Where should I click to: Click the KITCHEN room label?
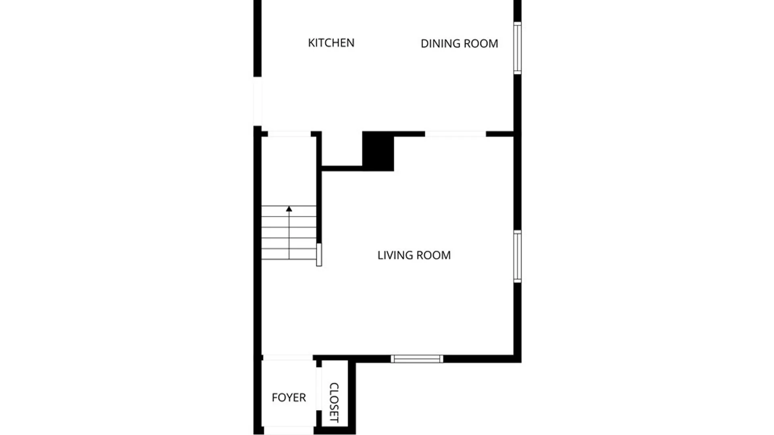[x=331, y=43]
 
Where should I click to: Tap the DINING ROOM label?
[x=459, y=43]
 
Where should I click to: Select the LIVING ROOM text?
[x=414, y=255]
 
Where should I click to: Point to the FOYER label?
[x=289, y=398]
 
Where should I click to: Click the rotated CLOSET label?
[x=334, y=402]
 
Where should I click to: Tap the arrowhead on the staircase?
[x=289, y=209]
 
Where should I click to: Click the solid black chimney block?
[x=378, y=151]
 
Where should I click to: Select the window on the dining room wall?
[x=517, y=48]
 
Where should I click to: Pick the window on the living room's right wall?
[x=517, y=256]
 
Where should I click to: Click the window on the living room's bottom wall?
[x=417, y=359]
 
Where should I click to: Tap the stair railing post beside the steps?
[x=319, y=255]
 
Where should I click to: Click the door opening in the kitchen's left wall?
[x=257, y=101]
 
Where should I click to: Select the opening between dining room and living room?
[x=456, y=134]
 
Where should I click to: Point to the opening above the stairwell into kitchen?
[x=289, y=134]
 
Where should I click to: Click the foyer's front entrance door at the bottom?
[x=289, y=430]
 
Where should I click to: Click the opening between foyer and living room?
[x=287, y=358]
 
